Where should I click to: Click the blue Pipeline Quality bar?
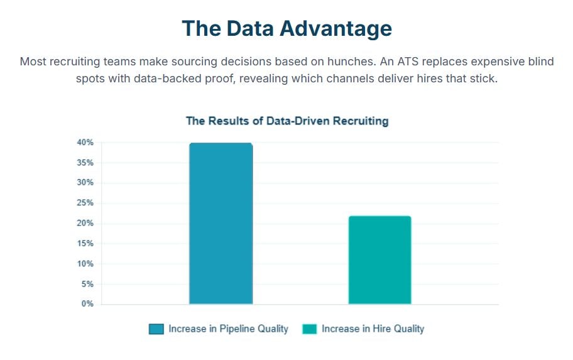[x=221, y=223]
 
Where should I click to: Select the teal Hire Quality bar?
[x=379, y=260]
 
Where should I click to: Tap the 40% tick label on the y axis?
[x=85, y=143]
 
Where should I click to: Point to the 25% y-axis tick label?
[x=85, y=203]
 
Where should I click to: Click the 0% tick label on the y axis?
[x=87, y=303]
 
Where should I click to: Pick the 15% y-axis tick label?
[x=85, y=243]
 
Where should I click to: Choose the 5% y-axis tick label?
[x=87, y=284]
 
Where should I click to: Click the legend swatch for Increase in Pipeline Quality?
[x=156, y=329]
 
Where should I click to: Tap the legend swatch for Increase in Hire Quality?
[x=309, y=329]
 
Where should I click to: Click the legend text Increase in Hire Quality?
[x=373, y=329]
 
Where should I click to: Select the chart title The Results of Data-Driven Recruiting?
[x=287, y=121]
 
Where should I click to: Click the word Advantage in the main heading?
[x=336, y=28]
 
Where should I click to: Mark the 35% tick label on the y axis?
[x=85, y=163]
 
